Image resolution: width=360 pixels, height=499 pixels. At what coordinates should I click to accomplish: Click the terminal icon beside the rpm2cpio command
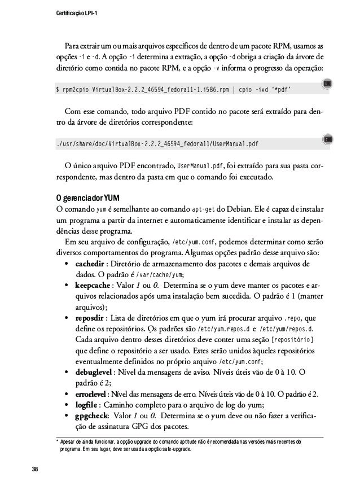(327, 85)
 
